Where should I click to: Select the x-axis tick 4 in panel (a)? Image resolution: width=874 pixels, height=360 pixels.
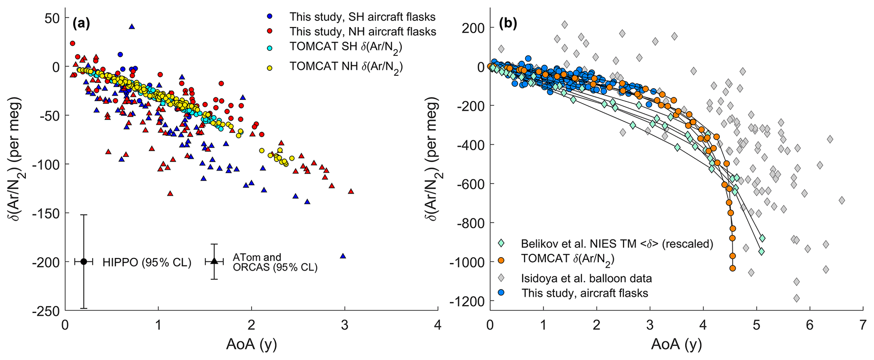tap(438, 326)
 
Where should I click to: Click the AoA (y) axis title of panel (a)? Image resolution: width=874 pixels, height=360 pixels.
tap(252, 345)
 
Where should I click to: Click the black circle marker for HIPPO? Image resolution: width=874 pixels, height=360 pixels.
tap(84, 261)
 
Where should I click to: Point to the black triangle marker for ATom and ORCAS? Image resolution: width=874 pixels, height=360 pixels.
tap(214, 261)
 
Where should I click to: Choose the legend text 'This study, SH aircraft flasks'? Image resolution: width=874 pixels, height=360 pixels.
tap(362, 17)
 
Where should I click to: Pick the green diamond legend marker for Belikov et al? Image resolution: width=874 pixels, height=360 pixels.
tap(501, 243)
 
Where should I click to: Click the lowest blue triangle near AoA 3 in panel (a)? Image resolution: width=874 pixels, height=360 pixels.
tap(343, 256)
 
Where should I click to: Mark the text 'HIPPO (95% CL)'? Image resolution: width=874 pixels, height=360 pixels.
tap(147, 262)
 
